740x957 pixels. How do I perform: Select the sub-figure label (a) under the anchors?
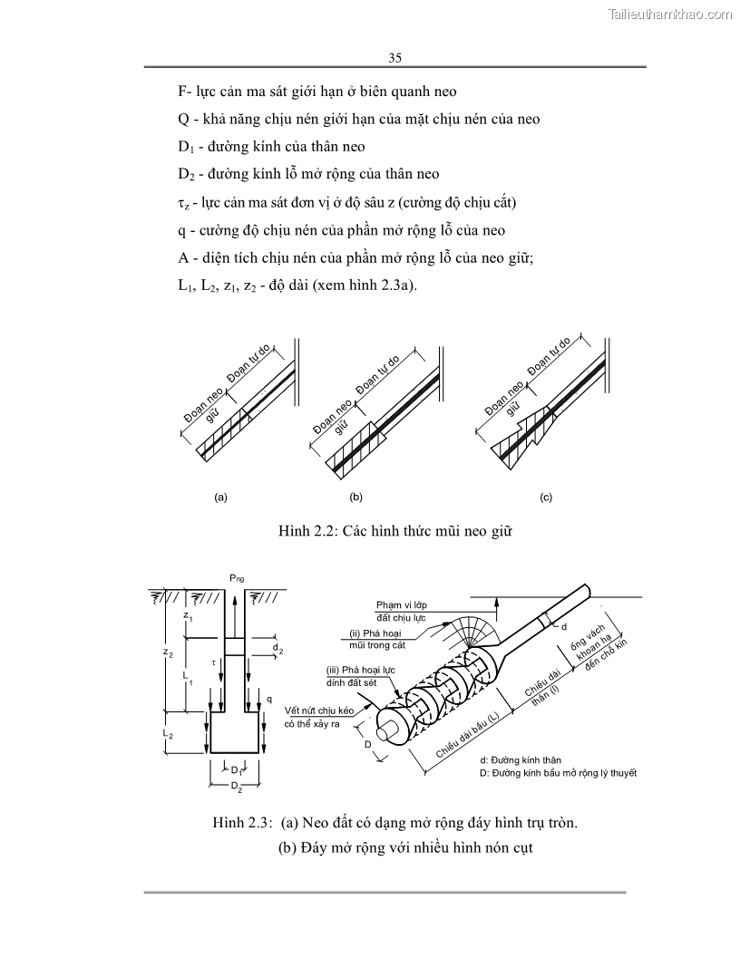pos(219,498)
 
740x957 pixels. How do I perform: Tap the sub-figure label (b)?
pos(355,498)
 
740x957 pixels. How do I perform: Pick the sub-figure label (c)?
pos(545,498)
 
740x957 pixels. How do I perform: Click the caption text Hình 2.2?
pos(306,531)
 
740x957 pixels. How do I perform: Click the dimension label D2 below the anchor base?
pos(235,788)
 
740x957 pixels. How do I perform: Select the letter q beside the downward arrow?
pos(270,699)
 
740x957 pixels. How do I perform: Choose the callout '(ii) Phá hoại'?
pos(375,633)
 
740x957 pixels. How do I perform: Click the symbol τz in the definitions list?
pos(183,202)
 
